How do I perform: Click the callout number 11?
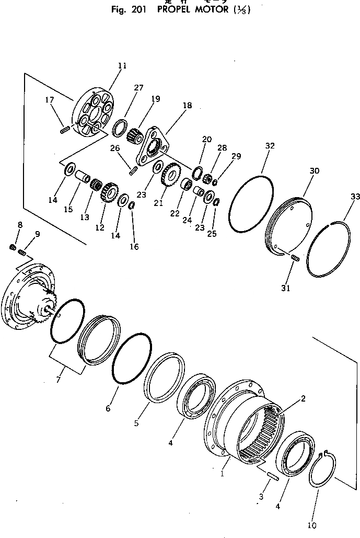coord(122,66)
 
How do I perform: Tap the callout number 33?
coord(355,197)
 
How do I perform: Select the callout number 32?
coord(270,146)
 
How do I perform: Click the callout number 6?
coord(108,408)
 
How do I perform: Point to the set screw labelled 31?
coord(294,258)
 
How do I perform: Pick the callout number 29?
coord(237,156)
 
